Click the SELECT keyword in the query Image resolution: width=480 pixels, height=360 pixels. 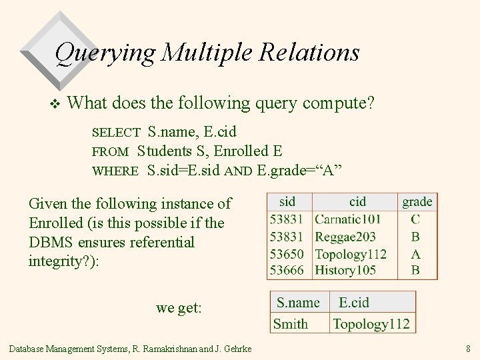click(116, 133)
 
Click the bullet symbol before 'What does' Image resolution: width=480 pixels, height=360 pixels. click(55, 103)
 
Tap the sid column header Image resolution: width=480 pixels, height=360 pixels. click(287, 201)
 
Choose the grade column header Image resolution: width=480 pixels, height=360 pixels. click(417, 201)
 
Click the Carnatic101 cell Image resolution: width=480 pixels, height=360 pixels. click(348, 219)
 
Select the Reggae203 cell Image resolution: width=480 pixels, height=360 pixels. click(345, 237)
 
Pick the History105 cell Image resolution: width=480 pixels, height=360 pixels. click(345, 270)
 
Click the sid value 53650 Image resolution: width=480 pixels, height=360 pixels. click(287, 253)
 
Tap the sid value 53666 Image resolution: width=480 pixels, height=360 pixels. click(287, 270)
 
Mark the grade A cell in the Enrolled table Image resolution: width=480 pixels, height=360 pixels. click(416, 253)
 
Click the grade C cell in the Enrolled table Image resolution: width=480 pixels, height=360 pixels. click(416, 219)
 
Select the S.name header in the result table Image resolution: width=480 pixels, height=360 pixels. click(299, 303)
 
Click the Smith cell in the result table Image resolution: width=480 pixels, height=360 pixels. click(291, 324)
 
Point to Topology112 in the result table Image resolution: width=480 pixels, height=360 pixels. click(371, 324)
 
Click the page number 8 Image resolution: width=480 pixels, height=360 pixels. click(469, 348)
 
